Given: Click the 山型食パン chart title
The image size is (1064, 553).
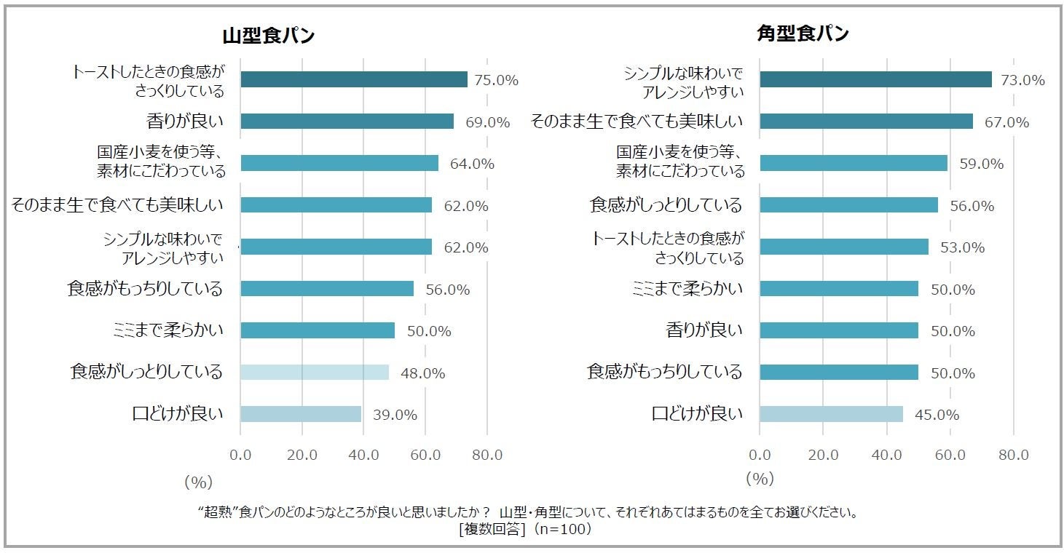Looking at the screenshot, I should point(269,36).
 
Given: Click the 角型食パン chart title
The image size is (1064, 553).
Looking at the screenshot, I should point(803,33).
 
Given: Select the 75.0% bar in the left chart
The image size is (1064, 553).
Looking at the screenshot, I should point(353,80).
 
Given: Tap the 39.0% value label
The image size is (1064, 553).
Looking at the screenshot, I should point(395,415).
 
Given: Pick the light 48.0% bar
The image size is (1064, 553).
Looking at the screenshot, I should point(314,373).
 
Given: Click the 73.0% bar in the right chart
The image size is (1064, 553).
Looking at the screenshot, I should point(875,79).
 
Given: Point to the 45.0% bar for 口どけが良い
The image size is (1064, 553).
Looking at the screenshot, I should point(831,414).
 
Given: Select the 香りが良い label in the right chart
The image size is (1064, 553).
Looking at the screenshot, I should point(704,330).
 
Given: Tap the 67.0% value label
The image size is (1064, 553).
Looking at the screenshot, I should point(1006,123).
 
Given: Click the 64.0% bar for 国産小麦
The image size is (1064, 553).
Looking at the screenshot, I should point(339,163).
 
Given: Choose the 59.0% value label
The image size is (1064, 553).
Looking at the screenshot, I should point(981,164).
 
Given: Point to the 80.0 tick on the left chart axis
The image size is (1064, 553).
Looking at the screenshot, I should point(487,455).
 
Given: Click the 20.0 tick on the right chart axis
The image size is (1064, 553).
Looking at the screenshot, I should point(823,455).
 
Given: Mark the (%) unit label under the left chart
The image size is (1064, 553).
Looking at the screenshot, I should point(197,482).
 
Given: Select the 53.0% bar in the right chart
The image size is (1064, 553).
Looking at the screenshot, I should point(844,247).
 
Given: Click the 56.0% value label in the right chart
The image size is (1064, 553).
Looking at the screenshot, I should point(972,207).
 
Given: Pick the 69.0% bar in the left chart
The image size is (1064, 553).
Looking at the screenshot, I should point(347,122).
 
